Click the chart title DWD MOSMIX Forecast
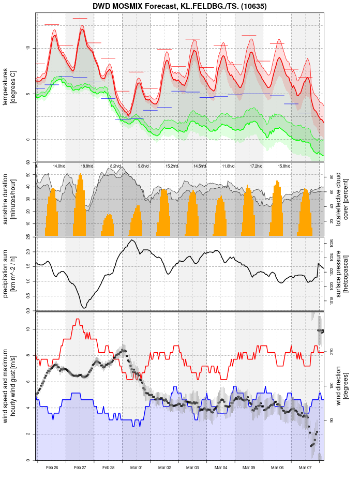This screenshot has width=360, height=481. pos(179,6)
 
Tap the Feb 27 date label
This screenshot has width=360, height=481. pos(80,468)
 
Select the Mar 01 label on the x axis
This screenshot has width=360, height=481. pos(137,468)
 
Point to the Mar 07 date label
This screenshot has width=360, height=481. pos(305,468)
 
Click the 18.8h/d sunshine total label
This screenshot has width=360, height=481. pos(87,166)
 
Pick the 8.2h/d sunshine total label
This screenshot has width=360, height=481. pos(115,166)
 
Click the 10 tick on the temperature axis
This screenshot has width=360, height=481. pos(29,48)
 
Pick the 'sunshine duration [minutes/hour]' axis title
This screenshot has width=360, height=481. pos(10,199)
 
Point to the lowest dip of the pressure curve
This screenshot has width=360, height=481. pos(84,307)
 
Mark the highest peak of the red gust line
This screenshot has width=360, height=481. pos(78,320)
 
